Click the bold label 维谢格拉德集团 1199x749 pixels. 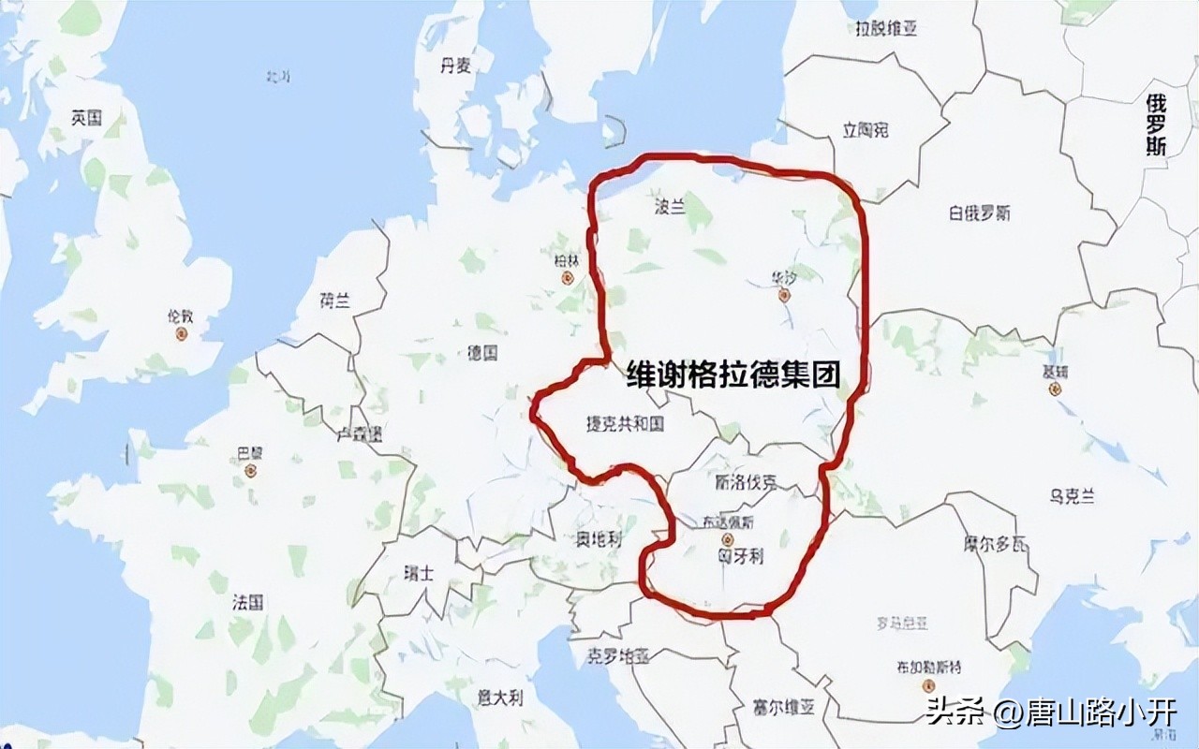click(733, 374)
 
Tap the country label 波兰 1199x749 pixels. click(668, 207)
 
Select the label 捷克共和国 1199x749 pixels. click(624, 424)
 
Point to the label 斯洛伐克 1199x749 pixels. click(746, 484)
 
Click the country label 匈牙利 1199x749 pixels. click(741, 556)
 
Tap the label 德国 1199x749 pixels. click(482, 353)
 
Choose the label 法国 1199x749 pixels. click(248, 602)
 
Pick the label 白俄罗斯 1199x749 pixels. click(979, 213)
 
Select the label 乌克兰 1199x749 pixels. click(1072, 496)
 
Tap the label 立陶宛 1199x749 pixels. click(866, 130)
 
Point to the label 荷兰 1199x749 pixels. click(334, 301)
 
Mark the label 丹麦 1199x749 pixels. click(455, 65)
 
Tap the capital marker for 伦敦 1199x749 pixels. click(182, 333)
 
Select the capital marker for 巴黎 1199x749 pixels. click(250, 470)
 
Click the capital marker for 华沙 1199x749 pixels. click(785, 295)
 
